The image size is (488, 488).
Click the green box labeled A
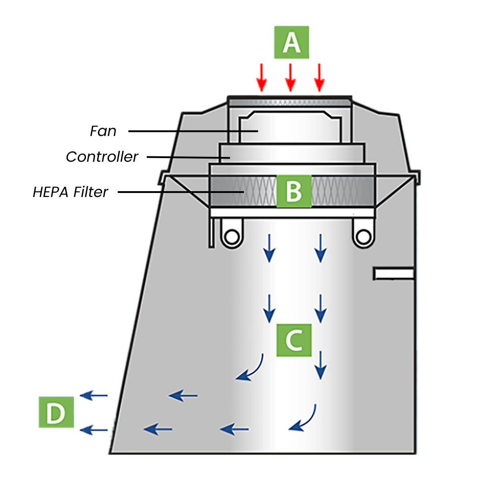pos(291,42)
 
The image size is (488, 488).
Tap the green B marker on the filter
pos(294,191)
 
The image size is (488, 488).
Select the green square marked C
pos(294,340)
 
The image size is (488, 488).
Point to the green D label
pos(56,412)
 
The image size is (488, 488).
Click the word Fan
pos(103,131)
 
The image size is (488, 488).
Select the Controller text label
pos(102,157)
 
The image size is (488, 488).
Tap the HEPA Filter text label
pos(70,192)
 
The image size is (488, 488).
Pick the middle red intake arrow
pos(291,77)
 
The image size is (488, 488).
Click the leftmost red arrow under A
pos(261,77)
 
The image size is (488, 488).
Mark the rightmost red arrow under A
pos(319,77)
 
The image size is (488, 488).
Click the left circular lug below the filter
pos(232,235)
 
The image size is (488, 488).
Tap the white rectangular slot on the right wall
pos(394,273)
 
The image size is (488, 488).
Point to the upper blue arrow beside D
pos(94,396)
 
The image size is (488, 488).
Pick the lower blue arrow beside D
pos(94,430)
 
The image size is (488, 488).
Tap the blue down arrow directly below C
pos(320,365)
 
